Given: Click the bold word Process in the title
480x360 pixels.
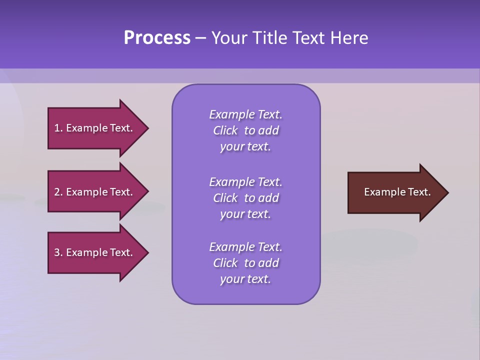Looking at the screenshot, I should (157, 38).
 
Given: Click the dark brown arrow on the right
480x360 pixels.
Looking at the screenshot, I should (395, 192).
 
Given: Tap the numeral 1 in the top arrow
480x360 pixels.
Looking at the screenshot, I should (56, 128).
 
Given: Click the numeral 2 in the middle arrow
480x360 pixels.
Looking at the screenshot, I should (56, 192).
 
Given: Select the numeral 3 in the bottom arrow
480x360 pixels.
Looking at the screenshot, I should (56, 252).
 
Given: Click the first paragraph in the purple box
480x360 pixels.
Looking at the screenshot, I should (245, 130).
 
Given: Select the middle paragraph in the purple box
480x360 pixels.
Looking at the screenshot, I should (245, 198).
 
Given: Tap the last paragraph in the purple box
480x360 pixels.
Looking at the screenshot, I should (245, 263).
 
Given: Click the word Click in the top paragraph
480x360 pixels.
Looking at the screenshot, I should (225, 130).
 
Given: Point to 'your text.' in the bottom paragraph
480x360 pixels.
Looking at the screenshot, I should (245, 279).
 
